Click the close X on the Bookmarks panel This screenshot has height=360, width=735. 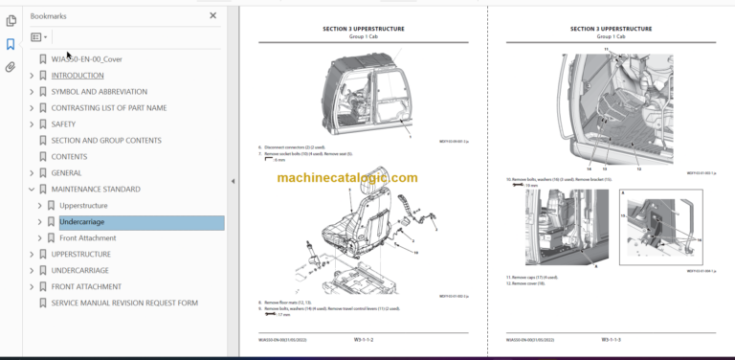212,16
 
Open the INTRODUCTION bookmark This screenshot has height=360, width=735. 77,75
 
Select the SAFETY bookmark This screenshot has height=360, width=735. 63,124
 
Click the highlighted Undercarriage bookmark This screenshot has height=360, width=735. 81,222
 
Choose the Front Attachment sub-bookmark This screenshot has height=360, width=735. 87,238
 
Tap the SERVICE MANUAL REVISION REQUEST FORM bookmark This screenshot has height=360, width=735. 124,303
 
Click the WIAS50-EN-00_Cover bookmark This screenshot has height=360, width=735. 86,58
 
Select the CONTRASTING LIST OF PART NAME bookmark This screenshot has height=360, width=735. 108,107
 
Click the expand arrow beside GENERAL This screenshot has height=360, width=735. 32,173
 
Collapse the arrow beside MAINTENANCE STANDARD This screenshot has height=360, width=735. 32,190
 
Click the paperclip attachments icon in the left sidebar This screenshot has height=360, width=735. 11,67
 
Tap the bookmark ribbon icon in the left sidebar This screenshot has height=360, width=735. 11,44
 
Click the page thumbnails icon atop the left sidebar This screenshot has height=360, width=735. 11,20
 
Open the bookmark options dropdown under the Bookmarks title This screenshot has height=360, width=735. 38,37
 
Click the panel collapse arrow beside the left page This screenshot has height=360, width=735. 233,181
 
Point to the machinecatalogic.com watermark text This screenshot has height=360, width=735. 347,178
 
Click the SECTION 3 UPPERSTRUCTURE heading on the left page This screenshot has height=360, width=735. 364,30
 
